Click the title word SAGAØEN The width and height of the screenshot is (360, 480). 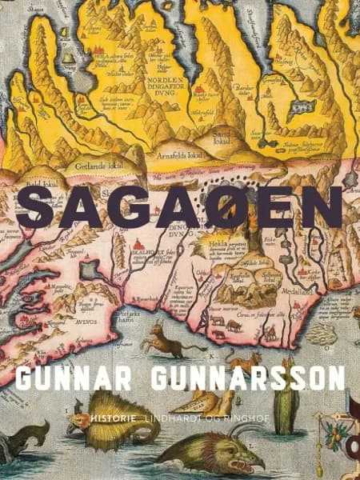[x=179, y=210]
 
